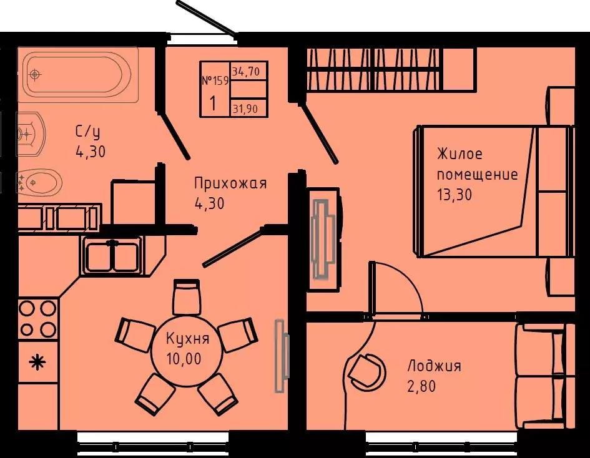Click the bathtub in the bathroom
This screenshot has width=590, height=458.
point(78,74)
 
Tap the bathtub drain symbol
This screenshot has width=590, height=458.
point(35,74)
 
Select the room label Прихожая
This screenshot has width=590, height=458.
point(230,184)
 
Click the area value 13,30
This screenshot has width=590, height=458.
point(454,195)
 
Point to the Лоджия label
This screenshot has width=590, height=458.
point(434,366)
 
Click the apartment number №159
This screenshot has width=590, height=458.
point(215,80)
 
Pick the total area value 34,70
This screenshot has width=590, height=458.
point(246,71)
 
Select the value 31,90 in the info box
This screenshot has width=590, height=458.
point(245,109)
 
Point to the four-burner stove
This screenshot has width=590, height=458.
point(37,319)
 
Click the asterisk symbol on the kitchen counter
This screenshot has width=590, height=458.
point(37,363)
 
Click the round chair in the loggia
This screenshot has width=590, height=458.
point(365,371)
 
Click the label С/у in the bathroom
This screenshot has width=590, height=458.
point(87,132)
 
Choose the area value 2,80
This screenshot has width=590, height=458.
point(421,386)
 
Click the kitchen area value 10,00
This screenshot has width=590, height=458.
point(184,359)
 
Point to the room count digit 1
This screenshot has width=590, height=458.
point(213,103)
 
